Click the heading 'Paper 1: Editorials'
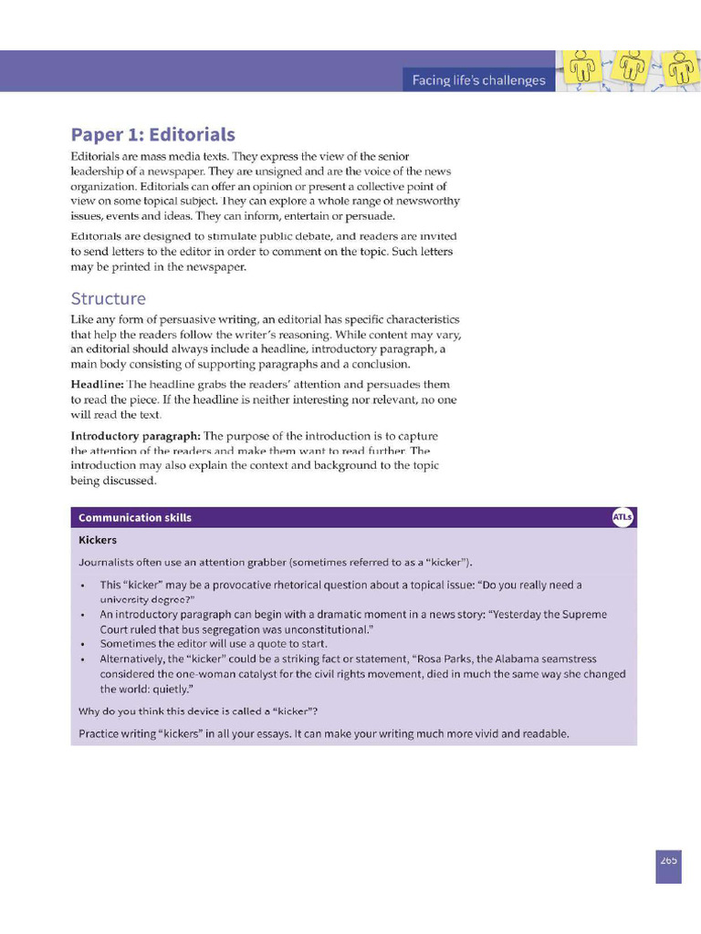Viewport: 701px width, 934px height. tap(153, 135)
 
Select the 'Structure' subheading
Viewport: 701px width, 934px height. tap(108, 298)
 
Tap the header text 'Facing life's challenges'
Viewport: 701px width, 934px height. tap(478, 80)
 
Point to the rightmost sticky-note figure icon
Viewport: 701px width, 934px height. tap(680, 67)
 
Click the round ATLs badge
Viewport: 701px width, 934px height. tap(623, 517)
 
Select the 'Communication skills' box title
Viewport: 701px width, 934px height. tap(135, 517)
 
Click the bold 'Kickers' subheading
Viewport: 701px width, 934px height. tap(98, 539)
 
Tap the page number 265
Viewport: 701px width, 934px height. tap(668, 859)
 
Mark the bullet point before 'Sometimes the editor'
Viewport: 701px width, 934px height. tap(83, 644)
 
